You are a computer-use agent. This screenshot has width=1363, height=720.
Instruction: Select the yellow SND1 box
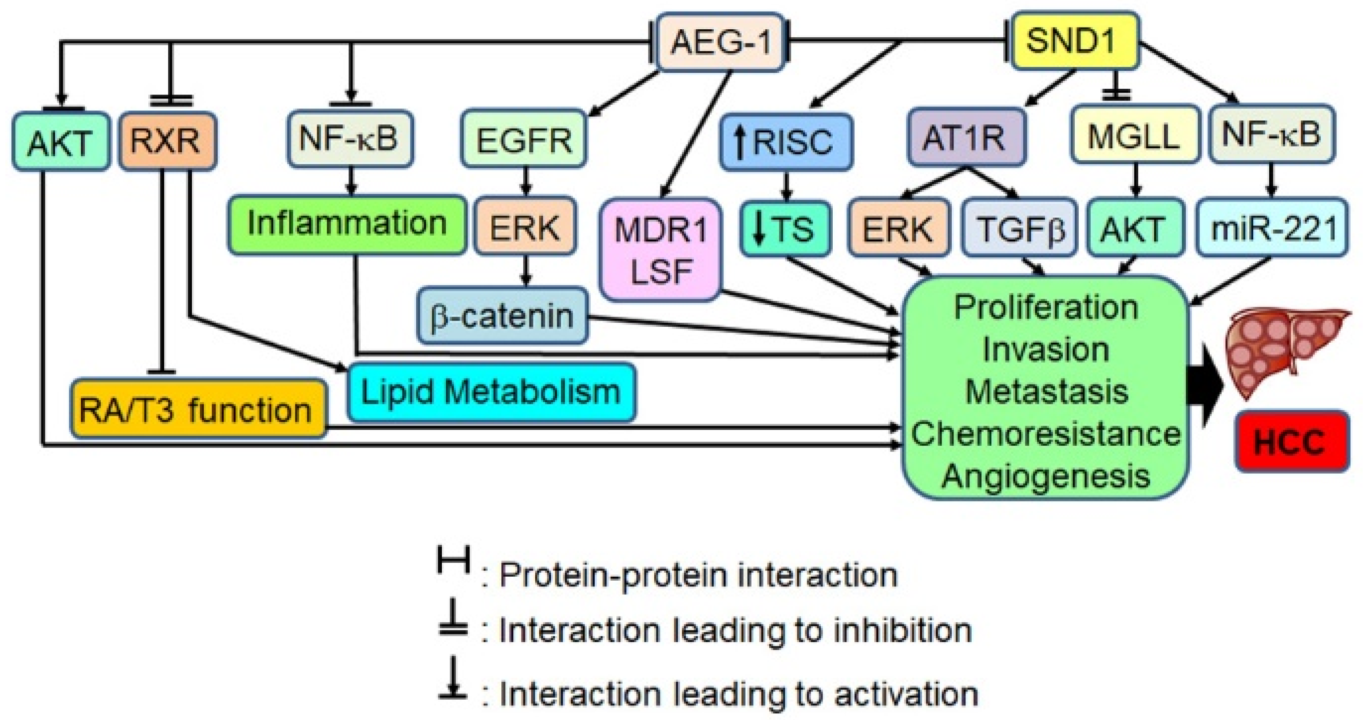[x=1075, y=41]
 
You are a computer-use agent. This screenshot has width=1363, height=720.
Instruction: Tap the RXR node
[x=167, y=141]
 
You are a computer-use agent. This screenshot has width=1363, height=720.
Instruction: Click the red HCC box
[x=1291, y=441]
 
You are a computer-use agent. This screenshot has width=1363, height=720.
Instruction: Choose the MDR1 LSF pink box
[x=660, y=250]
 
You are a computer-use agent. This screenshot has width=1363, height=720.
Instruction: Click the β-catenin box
[x=502, y=316]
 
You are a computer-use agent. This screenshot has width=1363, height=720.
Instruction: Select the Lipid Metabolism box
[x=491, y=392]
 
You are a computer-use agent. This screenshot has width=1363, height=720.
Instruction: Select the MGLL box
[x=1133, y=135]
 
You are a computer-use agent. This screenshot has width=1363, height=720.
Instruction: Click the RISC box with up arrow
[x=786, y=141]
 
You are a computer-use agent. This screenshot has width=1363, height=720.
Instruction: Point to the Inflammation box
[x=347, y=223]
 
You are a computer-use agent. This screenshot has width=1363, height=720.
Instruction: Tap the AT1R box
[x=966, y=138]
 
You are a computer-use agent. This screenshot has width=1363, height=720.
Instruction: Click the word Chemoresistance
[x=1045, y=434]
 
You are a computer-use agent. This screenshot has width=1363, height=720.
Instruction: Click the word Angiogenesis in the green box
[x=1045, y=475]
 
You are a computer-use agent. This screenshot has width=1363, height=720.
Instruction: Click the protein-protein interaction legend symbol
[x=453, y=560]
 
